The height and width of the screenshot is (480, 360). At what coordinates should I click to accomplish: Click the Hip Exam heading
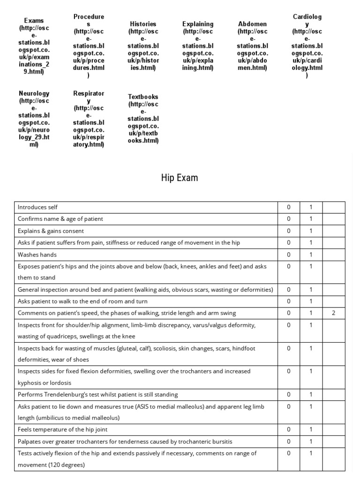coord(180,178)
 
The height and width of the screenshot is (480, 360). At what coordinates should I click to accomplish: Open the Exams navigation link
coord(34,46)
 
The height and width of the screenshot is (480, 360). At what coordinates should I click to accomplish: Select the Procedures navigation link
coord(89,46)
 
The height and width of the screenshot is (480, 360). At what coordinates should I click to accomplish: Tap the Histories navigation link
coord(143,46)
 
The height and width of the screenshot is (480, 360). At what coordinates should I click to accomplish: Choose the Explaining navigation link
coord(198,46)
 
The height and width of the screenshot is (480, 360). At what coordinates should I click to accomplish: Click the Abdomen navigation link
coord(253,46)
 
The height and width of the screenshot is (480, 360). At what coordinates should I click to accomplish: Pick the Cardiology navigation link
coord(307,46)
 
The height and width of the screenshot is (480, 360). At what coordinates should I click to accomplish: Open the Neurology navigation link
coord(34,119)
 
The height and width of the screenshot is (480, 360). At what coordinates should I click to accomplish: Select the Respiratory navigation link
coord(89,119)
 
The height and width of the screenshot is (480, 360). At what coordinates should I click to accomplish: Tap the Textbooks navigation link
coord(143,119)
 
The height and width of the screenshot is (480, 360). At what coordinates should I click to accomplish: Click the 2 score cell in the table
coord(334,313)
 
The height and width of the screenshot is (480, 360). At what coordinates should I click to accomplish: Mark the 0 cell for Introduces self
coord(289,207)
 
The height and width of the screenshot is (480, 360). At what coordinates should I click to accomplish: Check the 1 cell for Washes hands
coord(311,255)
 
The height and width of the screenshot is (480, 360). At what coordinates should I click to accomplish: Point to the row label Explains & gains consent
coord(51,231)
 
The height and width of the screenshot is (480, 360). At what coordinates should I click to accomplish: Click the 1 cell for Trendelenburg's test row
coord(311,394)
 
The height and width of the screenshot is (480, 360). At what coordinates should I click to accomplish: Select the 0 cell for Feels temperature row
coord(289,429)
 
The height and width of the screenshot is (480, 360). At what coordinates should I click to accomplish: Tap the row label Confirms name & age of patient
coord(60,219)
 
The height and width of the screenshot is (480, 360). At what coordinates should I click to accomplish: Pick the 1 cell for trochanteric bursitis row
coord(311,441)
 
